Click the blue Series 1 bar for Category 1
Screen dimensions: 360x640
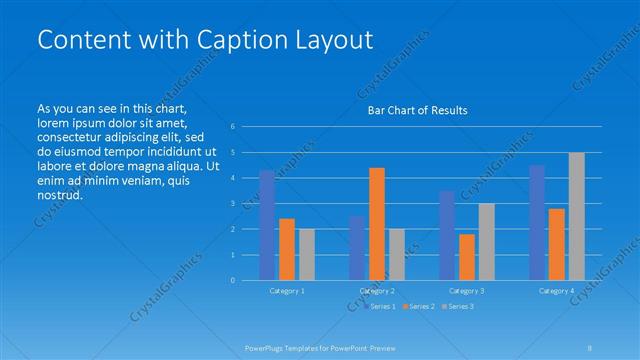tap(267, 225)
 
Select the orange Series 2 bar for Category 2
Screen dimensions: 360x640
tap(377, 224)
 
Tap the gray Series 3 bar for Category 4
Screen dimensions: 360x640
tap(577, 216)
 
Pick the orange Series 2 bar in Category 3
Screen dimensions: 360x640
tap(467, 257)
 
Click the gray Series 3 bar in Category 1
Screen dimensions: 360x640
tap(307, 254)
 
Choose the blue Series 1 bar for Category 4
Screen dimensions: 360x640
tap(537, 222)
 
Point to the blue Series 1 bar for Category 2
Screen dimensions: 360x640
tap(357, 248)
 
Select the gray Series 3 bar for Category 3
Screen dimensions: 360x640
tap(487, 241)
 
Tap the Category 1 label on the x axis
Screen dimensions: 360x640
tap(287, 290)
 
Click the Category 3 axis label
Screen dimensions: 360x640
tap(467, 290)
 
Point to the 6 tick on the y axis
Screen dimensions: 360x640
tap(232, 126)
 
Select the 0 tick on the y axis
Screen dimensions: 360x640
tap(232, 280)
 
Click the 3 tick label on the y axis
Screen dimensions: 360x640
tap(232, 203)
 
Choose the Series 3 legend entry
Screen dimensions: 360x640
tap(460, 306)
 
